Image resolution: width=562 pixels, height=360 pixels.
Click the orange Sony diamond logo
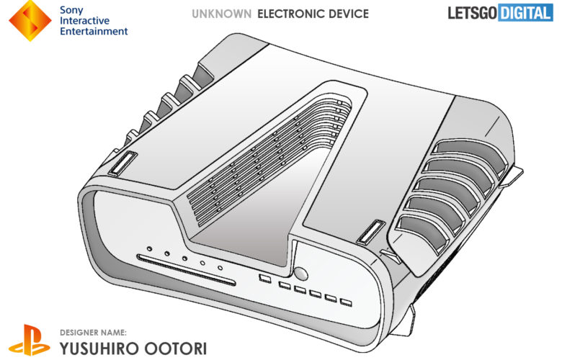point(30,20)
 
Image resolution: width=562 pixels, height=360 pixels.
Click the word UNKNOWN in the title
point(221,14)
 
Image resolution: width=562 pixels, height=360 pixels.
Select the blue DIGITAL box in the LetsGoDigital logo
point(525,13)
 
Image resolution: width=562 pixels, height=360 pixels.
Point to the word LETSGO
point(473,13)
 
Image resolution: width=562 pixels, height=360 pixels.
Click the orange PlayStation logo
point(30,341)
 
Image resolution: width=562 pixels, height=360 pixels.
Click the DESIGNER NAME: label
point(93,333)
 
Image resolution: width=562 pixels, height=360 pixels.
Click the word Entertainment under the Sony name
point(94,32)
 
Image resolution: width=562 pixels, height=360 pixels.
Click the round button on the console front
point(300,274)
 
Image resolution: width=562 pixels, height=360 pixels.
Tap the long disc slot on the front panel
point(187,270)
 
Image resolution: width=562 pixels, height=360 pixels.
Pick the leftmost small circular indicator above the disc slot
point(149,248)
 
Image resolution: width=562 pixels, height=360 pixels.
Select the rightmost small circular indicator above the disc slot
point(220,268)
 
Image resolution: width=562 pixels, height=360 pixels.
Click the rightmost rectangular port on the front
point(346,302)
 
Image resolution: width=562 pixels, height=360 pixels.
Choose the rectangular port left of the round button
point(265,279)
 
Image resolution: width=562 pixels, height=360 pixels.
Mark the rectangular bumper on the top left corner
point(122,163)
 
